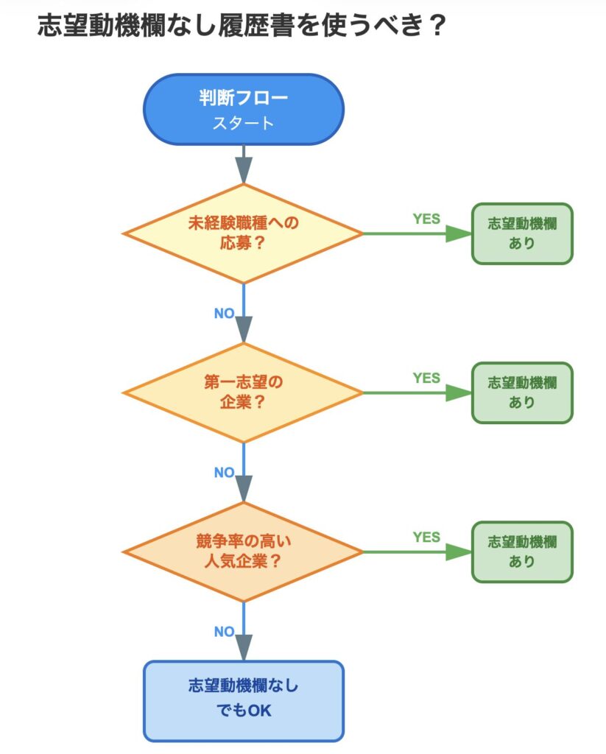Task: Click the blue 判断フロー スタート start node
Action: (x=243, y=109)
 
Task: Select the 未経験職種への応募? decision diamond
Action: (x=243, y=233)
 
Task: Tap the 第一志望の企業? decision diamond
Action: (x=243, y=392)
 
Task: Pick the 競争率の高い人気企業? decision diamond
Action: (x=243, y=552)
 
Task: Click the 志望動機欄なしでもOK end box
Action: (x=243, y=700)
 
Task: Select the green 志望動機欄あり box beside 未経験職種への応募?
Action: (x=522, y=233)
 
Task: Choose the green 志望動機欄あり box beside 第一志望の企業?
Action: (x=522, y=392)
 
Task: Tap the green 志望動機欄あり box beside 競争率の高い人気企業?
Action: (x=522, y=552)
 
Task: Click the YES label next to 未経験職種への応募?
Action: (x=426, y=219)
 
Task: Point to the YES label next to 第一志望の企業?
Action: (x=426, y=378)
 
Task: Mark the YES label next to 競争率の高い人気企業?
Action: (x=426, y=537)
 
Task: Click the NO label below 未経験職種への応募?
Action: (x=224, y=313)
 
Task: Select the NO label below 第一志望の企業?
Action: (x=224, y=472)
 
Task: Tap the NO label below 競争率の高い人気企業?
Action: (x=224, y=631)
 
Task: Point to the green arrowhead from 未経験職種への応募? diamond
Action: (x=458, y=233)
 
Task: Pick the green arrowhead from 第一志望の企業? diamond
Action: (x=458, y=392)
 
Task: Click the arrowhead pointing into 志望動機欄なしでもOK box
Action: (x=243, y=648)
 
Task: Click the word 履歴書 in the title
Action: (x=253, y=27)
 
